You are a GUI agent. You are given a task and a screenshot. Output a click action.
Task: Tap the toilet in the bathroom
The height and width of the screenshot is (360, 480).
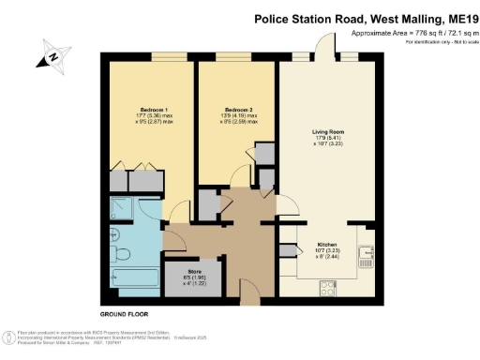(120, 253)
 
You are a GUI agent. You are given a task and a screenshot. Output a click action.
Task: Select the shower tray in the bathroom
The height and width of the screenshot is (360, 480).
(122, 210)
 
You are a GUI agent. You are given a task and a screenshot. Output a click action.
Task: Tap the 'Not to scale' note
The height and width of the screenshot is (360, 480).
(453, 43)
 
